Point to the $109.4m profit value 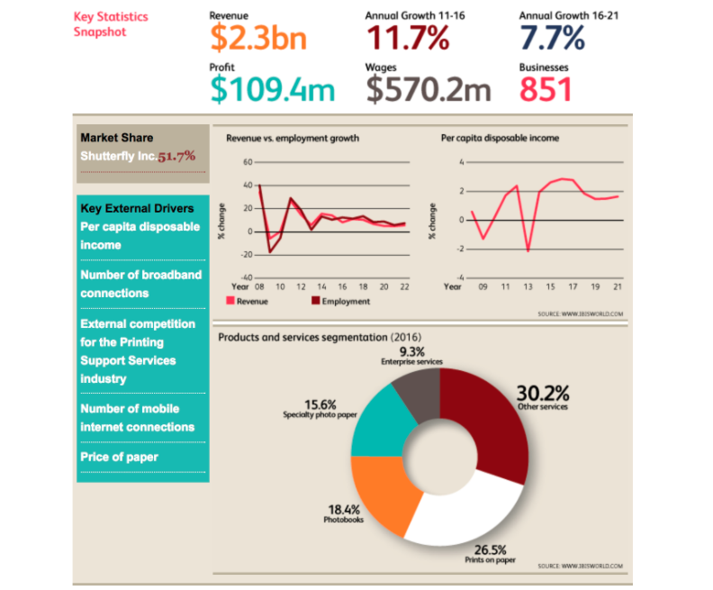pyautogui.click(x=272, y=89)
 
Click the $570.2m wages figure pyautogui.click(x=429, y=89)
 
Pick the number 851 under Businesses pyautogui.click(x=546, y=89)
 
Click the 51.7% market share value pyautogui.click(x=176, y=156)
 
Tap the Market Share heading pyautogui.click(x=117, y=138)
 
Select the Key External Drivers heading pyautogui.click(x=137, y=208)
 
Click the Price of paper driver pyautogui.click(x=119, y=457)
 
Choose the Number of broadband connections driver pyautogui.click(x=140, y=284)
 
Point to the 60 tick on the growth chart pyautogui.click(x=246, y=162)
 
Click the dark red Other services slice pyautogui.click(x=491, y=423)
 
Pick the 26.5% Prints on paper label pyautogui.click(x=490, y=549)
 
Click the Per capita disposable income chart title pyautogui.click(x=500, y=138)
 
